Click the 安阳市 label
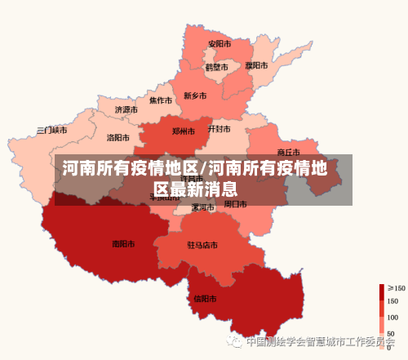click(x=219, y=44)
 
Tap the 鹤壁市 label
click(x=216, y=67)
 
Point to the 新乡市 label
click(x=195, y=96)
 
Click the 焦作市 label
click(x=160, y=101)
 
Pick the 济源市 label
click(x=126, y=109)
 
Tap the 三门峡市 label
click(x=51, y=131)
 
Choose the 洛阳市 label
click(x=119, y=138)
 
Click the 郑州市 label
click(x=184, y=131)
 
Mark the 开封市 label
click(x=219, y=129)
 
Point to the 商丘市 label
click(x=289, y=152)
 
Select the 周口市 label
click(x=236, y=204)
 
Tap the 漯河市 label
click(x=202, y=207)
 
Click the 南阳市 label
click(x=124, y=243)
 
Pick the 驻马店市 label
click(x=202, y=245)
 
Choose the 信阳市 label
click(x=205, y=299)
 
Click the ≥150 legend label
click(x=396, y=288)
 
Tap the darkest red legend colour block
click(x=381, y=291)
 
